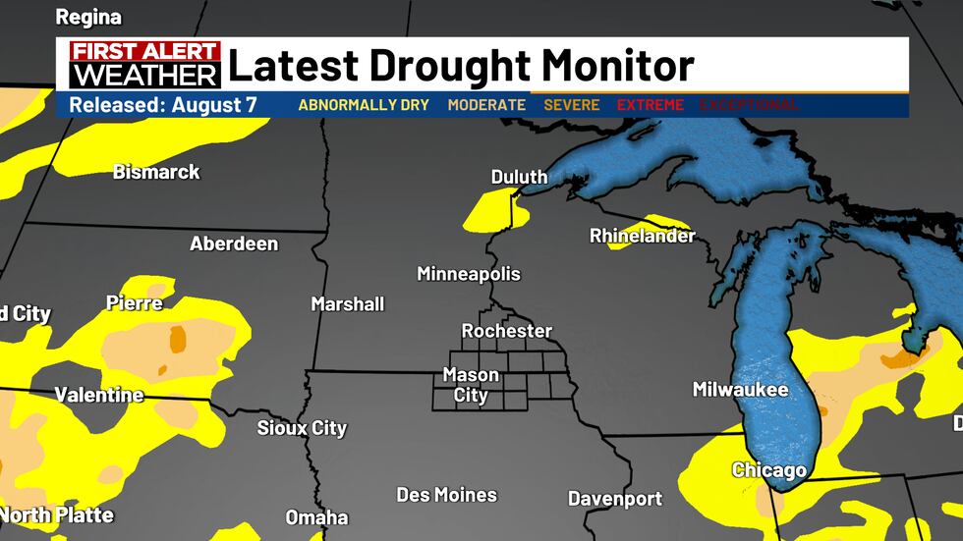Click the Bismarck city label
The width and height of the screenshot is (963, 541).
[x=156, y=172]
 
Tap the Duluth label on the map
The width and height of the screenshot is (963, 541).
[x=519, y=177]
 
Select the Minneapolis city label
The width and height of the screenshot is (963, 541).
[x=469, y=274]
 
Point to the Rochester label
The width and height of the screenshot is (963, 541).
[x=507, y=331]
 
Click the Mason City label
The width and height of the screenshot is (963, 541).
[x=471, y=385]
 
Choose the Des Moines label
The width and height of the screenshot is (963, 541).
[x=446, y=495]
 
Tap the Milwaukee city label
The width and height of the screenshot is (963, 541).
[x=740, y=390]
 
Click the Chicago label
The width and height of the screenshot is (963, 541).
[x=769, y=470]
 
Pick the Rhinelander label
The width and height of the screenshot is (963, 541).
[x=642, y=236]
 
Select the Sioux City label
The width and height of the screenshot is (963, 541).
[x=302, y=428]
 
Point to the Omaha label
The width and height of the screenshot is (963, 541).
[x=316, y=517]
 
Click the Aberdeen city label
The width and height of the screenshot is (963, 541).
[x=234, y=243]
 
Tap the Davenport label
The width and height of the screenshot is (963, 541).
[x=615, y=499]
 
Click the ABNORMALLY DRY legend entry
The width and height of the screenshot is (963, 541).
[x=364, y=105]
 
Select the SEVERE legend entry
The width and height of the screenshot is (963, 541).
[x=571, y=105]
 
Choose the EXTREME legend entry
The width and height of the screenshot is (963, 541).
[x=650, y=105]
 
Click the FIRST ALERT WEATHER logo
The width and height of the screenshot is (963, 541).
[x=144, y=64]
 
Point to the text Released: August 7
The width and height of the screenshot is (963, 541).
[x=162, y=105]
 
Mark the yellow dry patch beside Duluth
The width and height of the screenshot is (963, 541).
[x=487, y=209]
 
